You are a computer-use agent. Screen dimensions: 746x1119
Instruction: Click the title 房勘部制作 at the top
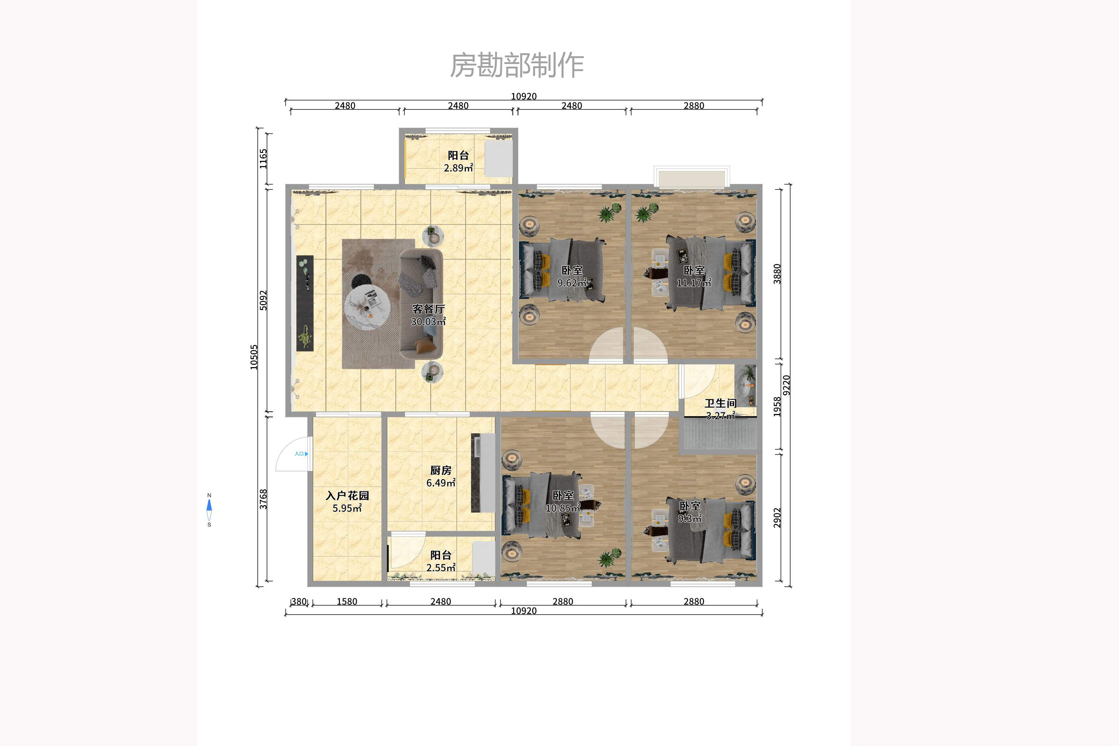click(517, 65)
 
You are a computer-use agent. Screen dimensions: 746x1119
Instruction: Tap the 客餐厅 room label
click(428, 309)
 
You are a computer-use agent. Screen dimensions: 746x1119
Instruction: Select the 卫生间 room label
click(720, 404)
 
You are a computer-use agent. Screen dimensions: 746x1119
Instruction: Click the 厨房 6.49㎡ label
click(441, 476)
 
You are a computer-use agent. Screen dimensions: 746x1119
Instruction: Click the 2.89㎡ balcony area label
click(458, 168)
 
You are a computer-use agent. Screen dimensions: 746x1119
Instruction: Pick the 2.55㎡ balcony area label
click(441, 568)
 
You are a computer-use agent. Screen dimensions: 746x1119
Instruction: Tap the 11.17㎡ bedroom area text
click(693, 283)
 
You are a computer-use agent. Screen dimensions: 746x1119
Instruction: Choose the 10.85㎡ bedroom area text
click(563, 508)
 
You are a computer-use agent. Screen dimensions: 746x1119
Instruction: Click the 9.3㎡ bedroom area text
click(690, 519)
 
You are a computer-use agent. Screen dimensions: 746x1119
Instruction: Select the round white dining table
click(367, 307)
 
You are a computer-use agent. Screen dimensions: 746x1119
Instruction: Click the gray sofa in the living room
click(421, 305)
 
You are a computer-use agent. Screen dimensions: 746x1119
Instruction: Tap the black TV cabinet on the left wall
click(305, 303)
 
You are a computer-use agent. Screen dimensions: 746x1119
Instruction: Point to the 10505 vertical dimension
click(254, 357)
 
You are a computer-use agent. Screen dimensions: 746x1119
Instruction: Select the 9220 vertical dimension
click(786, 385)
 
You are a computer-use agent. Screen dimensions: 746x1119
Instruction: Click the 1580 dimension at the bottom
click(347, 601)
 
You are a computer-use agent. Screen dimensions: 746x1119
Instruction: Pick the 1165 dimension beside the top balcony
click(263, 159)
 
